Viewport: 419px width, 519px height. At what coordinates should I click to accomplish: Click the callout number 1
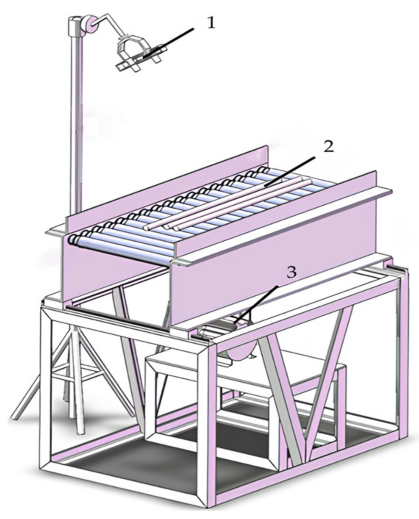pyautogui.click(x=211, y=23)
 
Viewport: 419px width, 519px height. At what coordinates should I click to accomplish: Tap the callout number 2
pyautogui.click(x=328, y=147)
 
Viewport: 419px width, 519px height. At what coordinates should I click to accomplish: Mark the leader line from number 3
pyautogui.click(x=257, y=303)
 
